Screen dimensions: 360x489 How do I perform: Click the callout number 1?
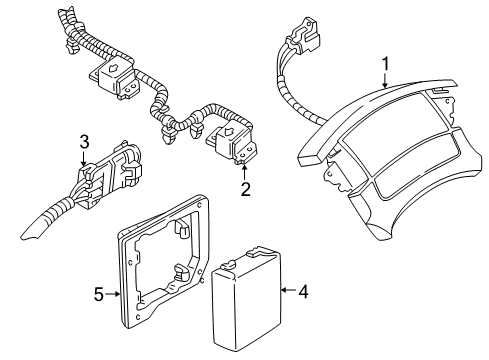385,65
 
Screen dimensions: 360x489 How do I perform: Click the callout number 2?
242,186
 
